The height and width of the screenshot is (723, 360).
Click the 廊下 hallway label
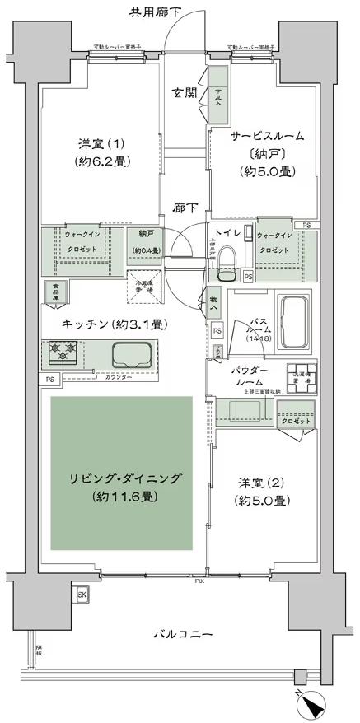(x=183, y=210)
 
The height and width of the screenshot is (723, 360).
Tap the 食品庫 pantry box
(x=55, y=292)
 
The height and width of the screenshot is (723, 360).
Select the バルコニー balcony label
(x=183, y=635)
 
